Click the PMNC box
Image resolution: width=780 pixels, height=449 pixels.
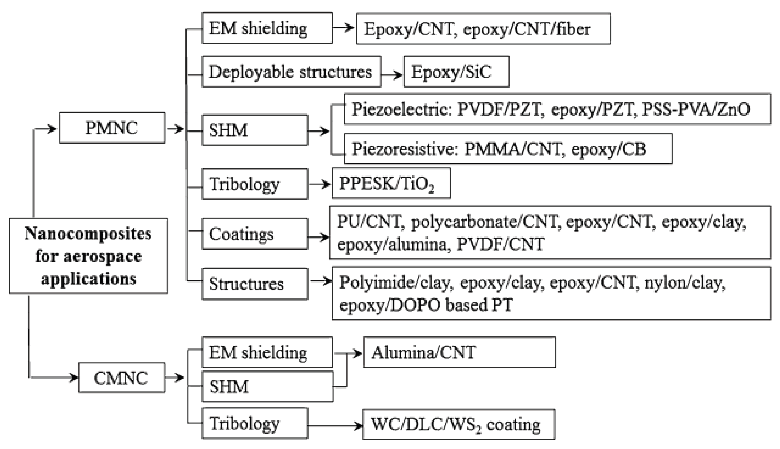[112, 128]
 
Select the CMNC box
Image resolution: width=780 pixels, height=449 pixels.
[121, 378]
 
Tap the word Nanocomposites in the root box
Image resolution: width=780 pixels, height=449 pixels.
[88, 234]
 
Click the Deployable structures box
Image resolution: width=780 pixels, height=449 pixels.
[291, 72]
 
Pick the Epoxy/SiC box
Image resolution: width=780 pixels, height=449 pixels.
[456, 72]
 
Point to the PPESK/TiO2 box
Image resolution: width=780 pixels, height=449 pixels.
[391, 183]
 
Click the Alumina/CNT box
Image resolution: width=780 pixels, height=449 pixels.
[459, 352]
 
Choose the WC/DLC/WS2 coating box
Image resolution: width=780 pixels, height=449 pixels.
[458, 424]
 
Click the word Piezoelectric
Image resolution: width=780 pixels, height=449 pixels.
[400, 109]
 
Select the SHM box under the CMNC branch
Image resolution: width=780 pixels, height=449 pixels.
[267, 386]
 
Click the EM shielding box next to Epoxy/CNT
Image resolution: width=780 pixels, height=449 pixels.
[267, 28]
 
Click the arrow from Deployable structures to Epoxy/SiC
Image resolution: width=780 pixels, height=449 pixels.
[392, 75]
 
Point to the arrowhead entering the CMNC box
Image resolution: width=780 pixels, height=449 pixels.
[74, 378]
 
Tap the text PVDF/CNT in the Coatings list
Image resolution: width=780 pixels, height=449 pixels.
[500, 244]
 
